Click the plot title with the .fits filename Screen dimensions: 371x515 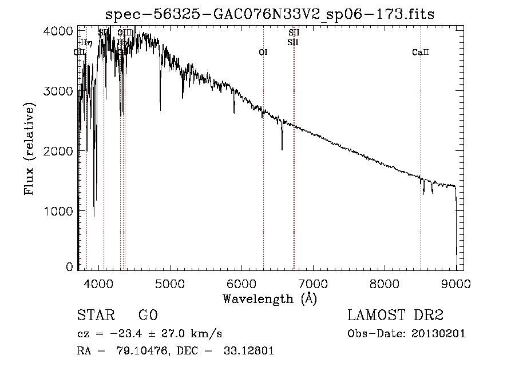tap(271, 14)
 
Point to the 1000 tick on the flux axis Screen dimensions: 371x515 tap(58, 211)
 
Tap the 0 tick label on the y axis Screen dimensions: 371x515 tap(69, 267)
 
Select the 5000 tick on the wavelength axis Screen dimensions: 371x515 tap(169, 282)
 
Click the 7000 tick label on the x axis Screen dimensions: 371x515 tap(313, 282)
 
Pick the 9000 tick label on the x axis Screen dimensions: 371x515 tap(456, 282)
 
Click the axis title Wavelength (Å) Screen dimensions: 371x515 tap(270, 298)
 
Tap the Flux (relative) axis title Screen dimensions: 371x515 tap(30, 149)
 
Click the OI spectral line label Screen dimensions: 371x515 tap(263, 53)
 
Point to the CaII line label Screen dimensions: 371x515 tap(420, 53)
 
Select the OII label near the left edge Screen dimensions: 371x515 tap(80, 53)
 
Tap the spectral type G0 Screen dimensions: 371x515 tap(148, 316)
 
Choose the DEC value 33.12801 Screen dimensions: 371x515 tap(249, 351)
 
